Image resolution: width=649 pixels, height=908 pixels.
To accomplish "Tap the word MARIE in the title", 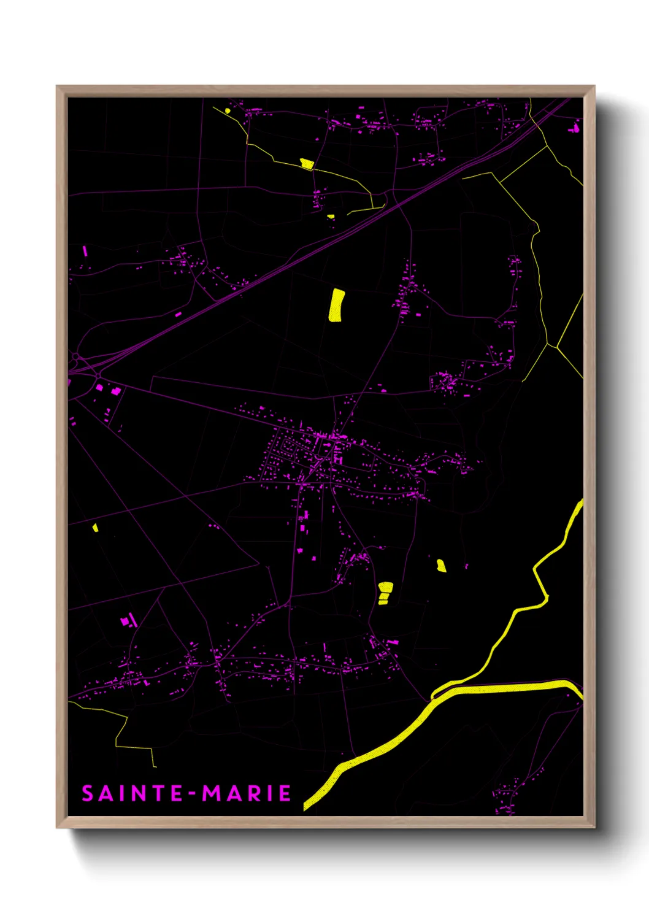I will pos(247,793).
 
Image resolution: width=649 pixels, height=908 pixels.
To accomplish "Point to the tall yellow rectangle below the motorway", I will pos(336,305).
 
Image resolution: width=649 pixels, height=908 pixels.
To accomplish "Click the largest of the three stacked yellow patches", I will pos(385,587).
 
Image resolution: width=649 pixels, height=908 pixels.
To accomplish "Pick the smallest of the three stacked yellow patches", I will pos(383,602).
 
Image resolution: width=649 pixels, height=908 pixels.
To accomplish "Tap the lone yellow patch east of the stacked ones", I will pos(441,565).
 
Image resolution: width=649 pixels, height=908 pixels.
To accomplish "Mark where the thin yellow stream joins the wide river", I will pos(433,696).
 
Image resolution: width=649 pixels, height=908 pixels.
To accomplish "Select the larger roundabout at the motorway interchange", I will pos(75,356).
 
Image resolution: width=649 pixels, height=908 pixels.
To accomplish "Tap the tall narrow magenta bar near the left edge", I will pos(85,252).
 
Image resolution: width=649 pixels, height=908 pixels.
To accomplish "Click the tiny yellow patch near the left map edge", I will pos(95,527).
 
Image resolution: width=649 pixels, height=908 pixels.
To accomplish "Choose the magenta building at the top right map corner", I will pos(575,129).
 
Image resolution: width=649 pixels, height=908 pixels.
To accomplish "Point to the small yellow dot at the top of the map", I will pos(228,111).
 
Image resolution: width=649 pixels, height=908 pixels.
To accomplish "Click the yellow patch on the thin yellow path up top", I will pos(307,163).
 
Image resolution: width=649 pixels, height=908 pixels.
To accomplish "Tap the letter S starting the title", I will pos(88,793).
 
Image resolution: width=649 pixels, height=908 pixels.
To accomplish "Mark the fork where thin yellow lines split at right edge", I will pos(556,347).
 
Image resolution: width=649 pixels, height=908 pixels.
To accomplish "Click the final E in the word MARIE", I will pos(285,793).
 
